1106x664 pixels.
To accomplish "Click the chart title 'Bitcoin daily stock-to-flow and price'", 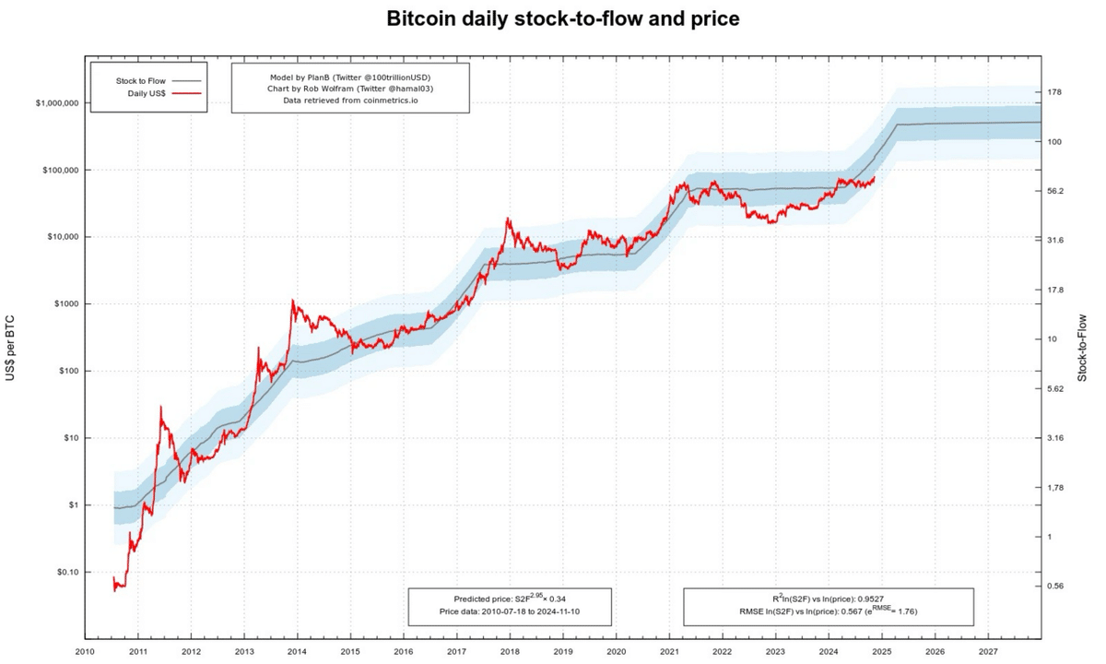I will [562, 19].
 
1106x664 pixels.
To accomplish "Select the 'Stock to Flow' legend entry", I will [141, 81].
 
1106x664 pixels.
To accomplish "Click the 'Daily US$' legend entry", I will [146, 93].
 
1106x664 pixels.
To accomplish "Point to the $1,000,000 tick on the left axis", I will [57, 103].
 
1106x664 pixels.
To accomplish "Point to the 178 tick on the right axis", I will [1055, 92].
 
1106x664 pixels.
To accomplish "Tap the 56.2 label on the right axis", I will [1056, 191].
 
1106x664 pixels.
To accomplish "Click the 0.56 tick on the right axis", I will [1056, 586].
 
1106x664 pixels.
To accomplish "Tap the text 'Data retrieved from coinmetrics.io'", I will [350, 100].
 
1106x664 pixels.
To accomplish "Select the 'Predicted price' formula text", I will [510, 599].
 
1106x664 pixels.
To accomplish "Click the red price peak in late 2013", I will [293, 301].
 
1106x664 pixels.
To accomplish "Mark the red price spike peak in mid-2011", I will [161, 406].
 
